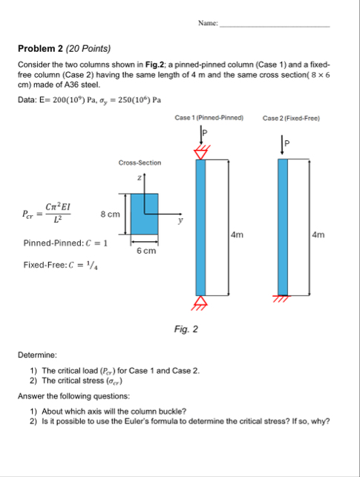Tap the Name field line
tap(275, 26)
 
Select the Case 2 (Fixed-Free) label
tap(291, 118)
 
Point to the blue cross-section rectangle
tap(144, 214)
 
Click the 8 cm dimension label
tap(110, 214)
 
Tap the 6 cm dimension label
tap(145, 251)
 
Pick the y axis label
tap(178, 220)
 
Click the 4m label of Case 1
tap(237, 234)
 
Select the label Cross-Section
tap(139, 162)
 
